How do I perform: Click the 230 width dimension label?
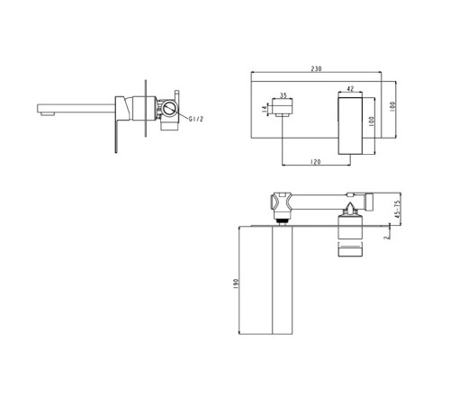tap(316, 68)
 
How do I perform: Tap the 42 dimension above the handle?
tap(350, 89)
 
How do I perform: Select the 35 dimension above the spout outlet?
tap(283, 95)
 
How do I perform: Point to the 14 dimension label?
tap(265, 109)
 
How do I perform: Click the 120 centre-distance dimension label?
tap(315, 162)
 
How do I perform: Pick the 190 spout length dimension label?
tap(236, 283)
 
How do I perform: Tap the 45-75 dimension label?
tap(398, 209)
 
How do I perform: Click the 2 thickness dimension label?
tap(387, 237)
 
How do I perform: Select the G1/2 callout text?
tap(196, 119)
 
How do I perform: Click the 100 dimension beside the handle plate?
tap(371, 121)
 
